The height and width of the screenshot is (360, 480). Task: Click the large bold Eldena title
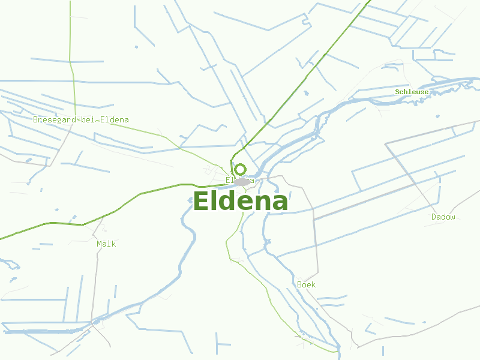tap(240, 202)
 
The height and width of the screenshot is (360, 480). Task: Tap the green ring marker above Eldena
tap(240, 170)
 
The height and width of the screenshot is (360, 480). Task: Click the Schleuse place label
tap(412, 92)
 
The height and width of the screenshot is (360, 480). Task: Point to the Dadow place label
tap(443, 217)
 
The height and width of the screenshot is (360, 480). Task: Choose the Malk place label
tap(106, 244)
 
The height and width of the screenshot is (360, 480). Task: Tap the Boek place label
tap(306, 284)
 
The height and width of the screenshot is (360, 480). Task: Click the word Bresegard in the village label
tap(55, 119)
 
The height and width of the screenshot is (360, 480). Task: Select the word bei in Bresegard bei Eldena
tap(89, 119)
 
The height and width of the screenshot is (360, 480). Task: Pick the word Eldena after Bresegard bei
tap(114, 119)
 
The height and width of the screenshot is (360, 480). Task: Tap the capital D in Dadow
tap(434, 217)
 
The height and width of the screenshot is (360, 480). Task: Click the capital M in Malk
tap(99, 244)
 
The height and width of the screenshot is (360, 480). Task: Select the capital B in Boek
tap(299, 284)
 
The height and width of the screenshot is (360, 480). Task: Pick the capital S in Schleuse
tap(397, 92)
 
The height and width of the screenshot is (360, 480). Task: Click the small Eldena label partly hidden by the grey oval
tap(230, 180)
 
